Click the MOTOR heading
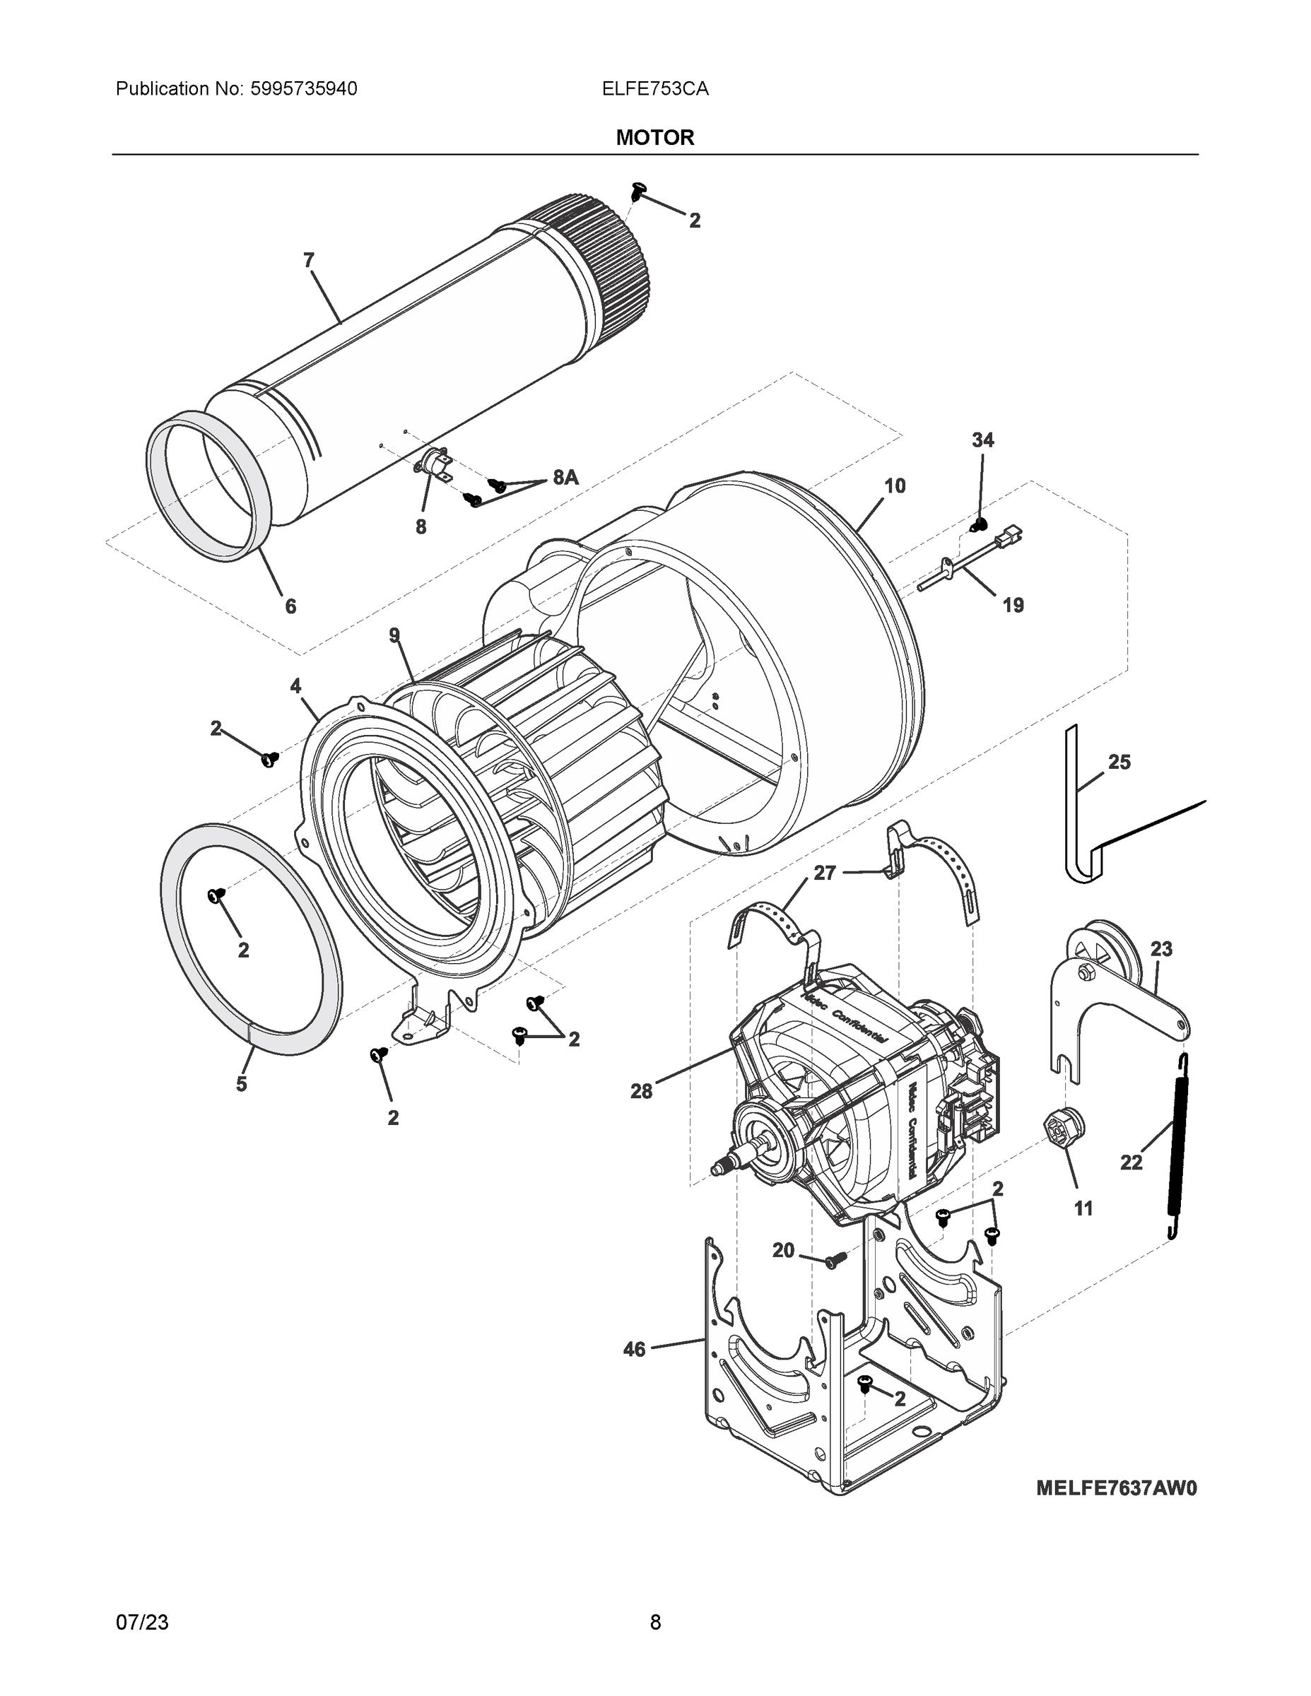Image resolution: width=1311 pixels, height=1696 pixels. pos(654,138)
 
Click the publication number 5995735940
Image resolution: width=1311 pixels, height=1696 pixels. pos(304,89)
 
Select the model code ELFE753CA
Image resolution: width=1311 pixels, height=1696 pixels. pos(654,89)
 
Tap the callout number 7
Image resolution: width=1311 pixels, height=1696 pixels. pos(308,261)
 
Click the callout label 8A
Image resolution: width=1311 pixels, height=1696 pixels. pos(565,478)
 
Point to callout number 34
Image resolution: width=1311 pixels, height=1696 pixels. pos(982,440)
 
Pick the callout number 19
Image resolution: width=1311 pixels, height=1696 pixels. pos(1013,605)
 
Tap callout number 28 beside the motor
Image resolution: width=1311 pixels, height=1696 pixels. pos(641,1091)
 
